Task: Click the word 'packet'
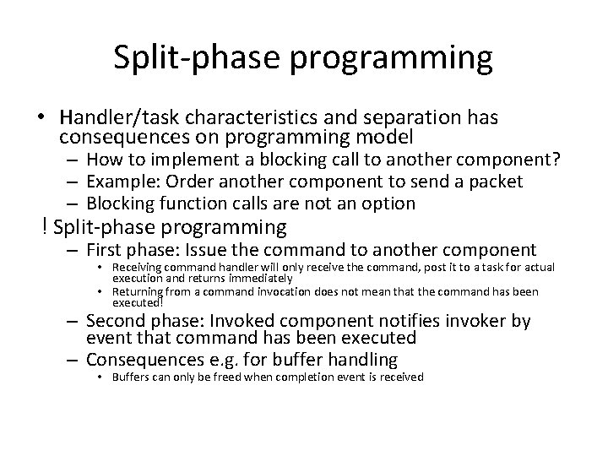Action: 498,182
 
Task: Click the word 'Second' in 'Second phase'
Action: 116,321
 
